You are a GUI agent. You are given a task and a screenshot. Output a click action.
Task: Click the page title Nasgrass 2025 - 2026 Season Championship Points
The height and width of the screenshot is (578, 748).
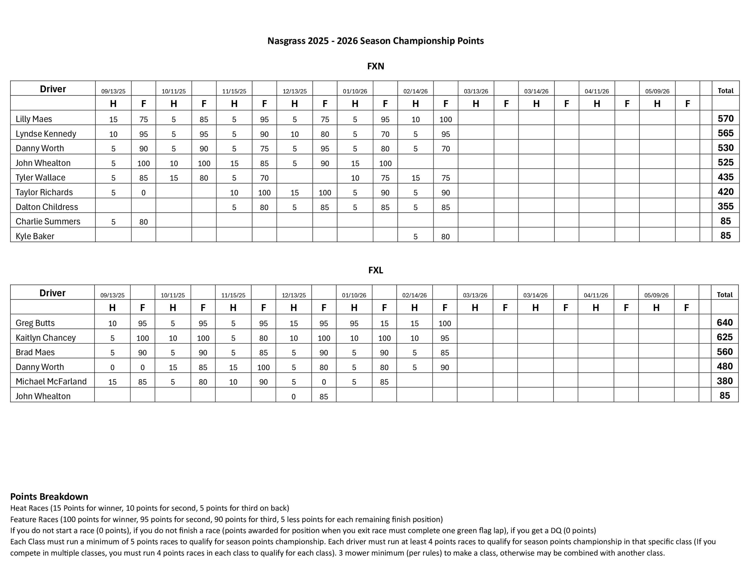(375, 41)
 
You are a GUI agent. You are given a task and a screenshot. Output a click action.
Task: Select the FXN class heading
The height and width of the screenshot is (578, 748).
(375, 66)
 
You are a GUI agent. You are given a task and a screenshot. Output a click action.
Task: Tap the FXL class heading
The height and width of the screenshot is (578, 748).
(375, 270)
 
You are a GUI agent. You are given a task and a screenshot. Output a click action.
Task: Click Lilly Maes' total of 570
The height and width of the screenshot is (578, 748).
(726, 119)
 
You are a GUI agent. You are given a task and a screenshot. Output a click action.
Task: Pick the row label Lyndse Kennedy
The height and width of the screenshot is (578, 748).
(46, 134)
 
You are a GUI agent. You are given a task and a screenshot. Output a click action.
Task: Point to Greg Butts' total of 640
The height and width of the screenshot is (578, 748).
(724, 322)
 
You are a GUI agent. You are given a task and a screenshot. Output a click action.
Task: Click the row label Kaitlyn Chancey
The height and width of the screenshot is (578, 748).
(46, 338)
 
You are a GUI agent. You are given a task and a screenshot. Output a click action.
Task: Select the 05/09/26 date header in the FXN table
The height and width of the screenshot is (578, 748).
(657, 91)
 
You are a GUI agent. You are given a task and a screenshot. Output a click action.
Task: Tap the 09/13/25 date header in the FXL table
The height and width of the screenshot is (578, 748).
(112, 295)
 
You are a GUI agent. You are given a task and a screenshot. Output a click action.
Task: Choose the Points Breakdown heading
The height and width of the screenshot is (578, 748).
(49, 496)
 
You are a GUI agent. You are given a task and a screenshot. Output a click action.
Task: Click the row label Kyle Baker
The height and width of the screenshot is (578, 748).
(35, 236)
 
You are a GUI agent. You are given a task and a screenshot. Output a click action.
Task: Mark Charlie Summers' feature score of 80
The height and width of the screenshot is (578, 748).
(143, 222)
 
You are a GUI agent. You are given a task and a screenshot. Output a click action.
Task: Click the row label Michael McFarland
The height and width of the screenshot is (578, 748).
(51, 381)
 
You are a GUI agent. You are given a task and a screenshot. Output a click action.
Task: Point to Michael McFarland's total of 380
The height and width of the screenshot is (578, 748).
(724, 381)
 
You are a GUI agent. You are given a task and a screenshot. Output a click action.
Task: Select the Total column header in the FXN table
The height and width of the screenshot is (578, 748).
(726, 91)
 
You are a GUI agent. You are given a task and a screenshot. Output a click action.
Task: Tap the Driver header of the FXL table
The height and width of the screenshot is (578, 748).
(52, 293)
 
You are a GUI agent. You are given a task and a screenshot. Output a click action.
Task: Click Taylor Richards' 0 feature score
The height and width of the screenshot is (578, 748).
(143, 193)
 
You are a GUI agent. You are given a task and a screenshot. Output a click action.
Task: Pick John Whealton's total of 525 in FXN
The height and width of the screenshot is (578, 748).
(726, 162)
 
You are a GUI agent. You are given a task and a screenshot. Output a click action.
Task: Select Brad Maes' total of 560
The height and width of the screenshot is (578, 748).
(724, 352)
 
